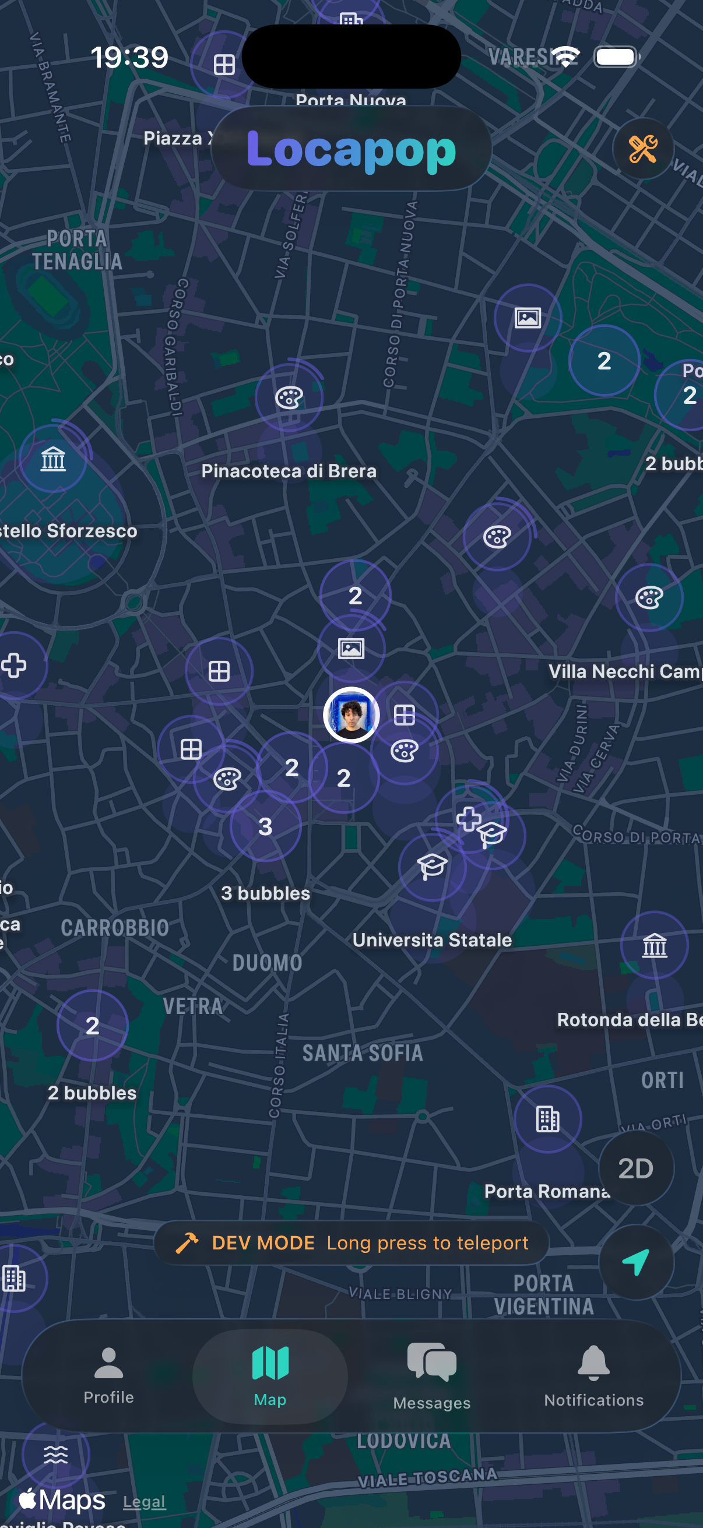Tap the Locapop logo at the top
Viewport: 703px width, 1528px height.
pyautogui.click(x=351, y=149)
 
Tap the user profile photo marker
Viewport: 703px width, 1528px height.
pyautogui.click(x=351, y=715)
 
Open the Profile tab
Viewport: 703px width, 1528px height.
pyautogui.click(x=108, y=1375)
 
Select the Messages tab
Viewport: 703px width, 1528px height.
pyautogui.click(x=431, y=1376)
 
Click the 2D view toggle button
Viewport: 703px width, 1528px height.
pyautogui.click(x=635, y=1168)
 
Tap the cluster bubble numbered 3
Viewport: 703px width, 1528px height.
pyautogui.click(x=265, y=826)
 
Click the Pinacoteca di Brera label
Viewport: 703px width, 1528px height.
pyautogui.click(x=289, y=471)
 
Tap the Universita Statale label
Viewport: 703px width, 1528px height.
pyautogui.click(x=432, y=939)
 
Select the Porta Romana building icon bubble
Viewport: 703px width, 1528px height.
pyautogui.click(x=547, y=1119)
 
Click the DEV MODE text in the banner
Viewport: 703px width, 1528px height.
pyautogui.click(x=263, y=1242)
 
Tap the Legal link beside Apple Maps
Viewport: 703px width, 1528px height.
pyautogui.click(x=144, y=1501)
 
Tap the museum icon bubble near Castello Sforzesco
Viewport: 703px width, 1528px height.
pyautogui.click(x=53, y=459)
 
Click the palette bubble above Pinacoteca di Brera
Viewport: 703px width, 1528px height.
pyautogui.click(x=289, y=397)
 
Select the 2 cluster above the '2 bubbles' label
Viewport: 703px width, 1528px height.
pyautogui.click(x=93, y=1026)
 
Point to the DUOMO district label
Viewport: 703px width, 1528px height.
pyautogui.click(x=267, y=963)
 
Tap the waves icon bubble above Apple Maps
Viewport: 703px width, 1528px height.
pyautogui.click(x=56, y=1455)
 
